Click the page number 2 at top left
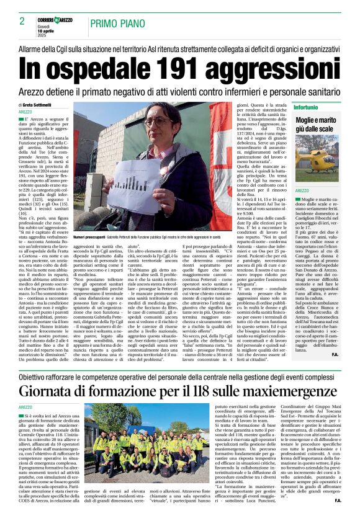coord(22,21)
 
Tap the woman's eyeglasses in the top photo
coord(163,122)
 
